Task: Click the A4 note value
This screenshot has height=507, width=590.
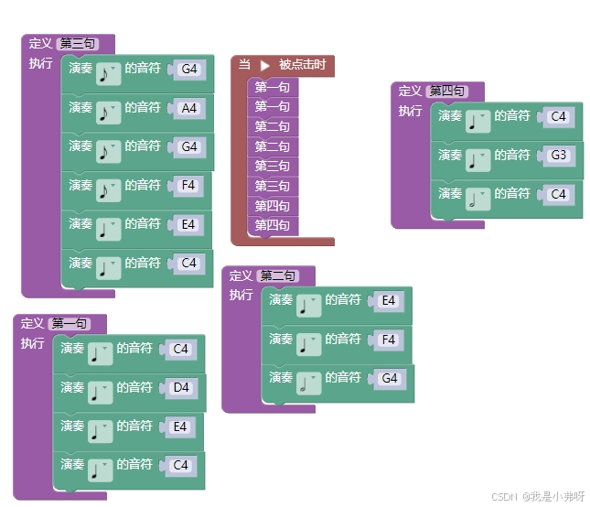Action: pyautogui.click(x=189, y=108)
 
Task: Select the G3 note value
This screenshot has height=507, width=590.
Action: pyautogui.click(x=558, y=156)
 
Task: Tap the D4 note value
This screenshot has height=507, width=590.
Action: pyautogui.click(x=181, y=387)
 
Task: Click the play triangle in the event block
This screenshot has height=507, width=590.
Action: pyautogui.click(x=265, y=65)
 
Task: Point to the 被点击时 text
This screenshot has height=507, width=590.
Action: pyautogui.click(x=302, y=65)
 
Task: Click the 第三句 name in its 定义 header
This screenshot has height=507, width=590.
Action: pyautogui.click(x=76, y=43)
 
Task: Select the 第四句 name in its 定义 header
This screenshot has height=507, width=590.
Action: pyautogui.click(x=446, y=91)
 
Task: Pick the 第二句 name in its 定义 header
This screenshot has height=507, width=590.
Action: pyautogui.click(x=277, y=275)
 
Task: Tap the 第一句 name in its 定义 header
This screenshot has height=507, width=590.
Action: pyautogui.click(x=70, y=323)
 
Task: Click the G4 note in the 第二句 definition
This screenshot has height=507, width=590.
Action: pyautogui.click(x=390, y=378)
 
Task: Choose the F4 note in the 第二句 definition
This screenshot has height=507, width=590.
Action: pyautogui.click(x=388, y=340)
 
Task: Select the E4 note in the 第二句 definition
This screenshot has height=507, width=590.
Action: pyautogui.click(x=388, y=300)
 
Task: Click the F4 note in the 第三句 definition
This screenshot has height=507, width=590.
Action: pyautogui.click(x=188, y=185)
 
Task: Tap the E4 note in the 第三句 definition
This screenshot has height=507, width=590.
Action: pyautogui.click(x=188, y=224)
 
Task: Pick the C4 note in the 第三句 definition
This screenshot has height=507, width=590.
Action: pyautogui.click(x=188, y=263)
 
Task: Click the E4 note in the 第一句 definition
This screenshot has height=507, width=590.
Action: pyautogui.click(x=180, y=426)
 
